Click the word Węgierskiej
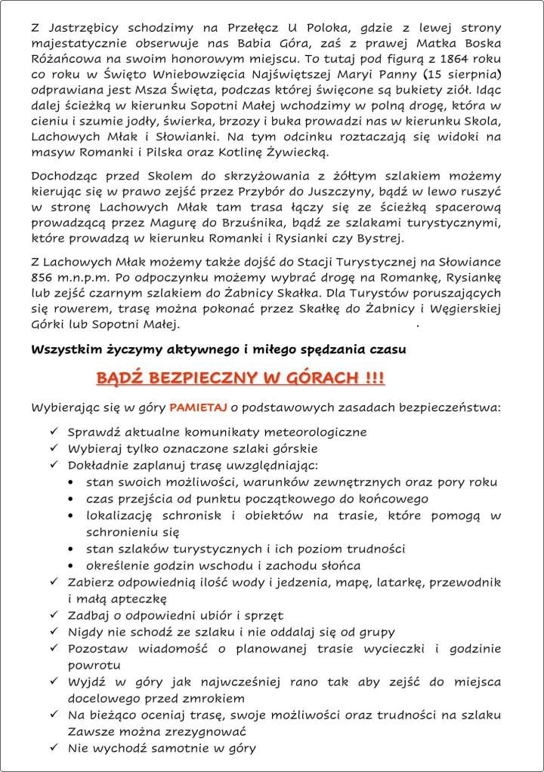(x=464, y=310)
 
